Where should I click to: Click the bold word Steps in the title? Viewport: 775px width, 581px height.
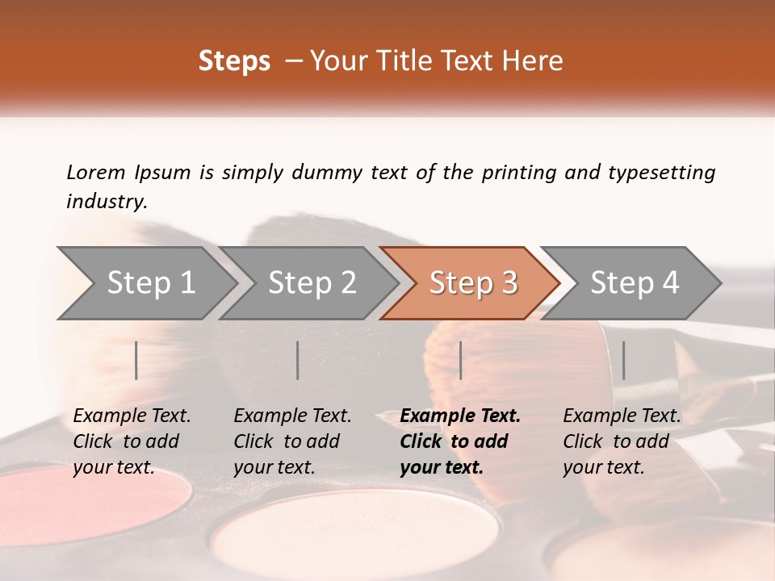click(234, 61)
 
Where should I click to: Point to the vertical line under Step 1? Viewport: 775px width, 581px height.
click(136, 360)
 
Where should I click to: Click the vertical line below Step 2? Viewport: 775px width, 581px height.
click(298, 360)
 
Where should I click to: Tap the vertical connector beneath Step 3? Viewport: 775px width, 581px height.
click(460, 360)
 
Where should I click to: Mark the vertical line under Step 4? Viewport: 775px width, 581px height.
click(623, 360)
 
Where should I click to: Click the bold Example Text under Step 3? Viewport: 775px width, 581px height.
click(460, 416)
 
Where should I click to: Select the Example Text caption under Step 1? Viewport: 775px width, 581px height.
click(132, 416)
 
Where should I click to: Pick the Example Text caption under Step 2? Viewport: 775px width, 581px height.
click(292, 416)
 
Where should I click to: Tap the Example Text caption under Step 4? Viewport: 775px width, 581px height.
click(622, 416)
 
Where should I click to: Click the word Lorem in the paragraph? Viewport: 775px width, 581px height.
click(95, 173)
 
